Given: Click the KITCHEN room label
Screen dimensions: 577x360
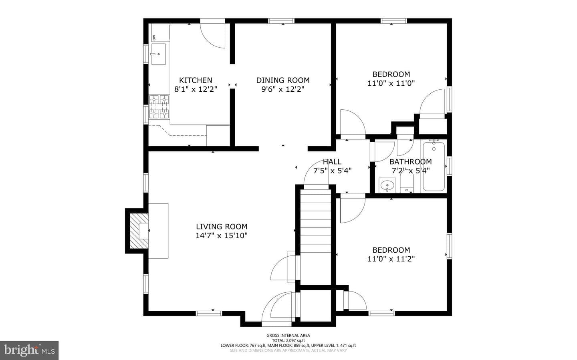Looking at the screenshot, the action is pyautogui.click(x=196, y=80).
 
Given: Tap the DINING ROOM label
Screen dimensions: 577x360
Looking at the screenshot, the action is pyautogui.click(x=283, y=80).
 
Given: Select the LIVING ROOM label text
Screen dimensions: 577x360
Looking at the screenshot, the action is pyautogui.click(x=222, y=227).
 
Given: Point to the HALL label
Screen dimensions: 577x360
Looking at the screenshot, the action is pyautogui.click(x=332, y=162).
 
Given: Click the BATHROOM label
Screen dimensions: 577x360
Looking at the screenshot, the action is pyautogui.click(x=410, y=162).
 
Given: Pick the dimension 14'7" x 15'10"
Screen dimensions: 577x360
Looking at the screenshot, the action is pyautogui.click(x=222, y=235).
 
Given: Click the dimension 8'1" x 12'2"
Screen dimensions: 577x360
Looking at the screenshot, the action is pyautogui.click(x=196, y=89).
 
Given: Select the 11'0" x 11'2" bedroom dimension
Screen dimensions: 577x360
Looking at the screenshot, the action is pyautogui.click(x=391, y=259).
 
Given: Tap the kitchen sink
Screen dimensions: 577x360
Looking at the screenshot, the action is pyautogui.click(x=158, y=54).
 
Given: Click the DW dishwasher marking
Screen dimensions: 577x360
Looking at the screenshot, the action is pyautogui.click(x=154, y=38).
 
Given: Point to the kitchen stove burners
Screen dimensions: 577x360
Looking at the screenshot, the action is pyautogui.click(x=159, y=107).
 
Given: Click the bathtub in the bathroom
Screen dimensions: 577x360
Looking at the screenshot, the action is pyautogui.click(x=434, y=166).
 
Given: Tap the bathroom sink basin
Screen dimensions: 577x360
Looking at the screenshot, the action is pyautogui.click(x=387, y=185).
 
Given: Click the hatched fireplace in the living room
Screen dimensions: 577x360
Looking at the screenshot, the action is pyautogui.click(x=139, y=231).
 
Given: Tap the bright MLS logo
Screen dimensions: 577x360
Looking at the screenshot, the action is pyautogui.click(x=29, y=350).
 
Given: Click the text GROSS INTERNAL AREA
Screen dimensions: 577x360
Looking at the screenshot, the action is pyautogui.click(x=288, y=336).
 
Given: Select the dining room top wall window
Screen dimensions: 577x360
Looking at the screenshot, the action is pyautogui.click(x=281, y=21).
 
